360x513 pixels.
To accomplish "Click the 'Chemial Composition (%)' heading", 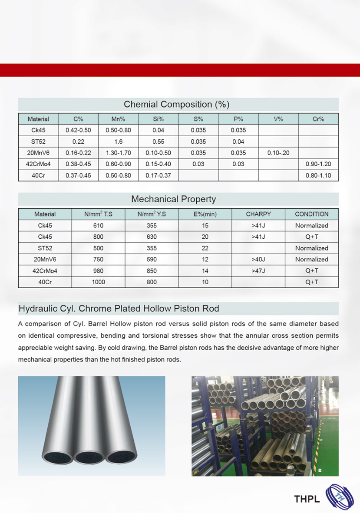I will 176,104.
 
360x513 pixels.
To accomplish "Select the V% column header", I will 278,119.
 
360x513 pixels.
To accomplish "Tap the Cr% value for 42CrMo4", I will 318,164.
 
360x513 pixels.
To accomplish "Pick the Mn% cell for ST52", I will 118,141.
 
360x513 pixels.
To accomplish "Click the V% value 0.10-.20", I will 278,153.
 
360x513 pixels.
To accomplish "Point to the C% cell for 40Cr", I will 78,175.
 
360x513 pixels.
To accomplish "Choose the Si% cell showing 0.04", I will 158,130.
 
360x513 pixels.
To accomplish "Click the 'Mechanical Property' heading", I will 173,199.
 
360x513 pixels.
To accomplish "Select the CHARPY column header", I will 258,214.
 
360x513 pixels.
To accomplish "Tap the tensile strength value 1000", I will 98,282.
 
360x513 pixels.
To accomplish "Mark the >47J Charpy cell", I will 258,270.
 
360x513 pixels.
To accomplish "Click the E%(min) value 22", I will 205,248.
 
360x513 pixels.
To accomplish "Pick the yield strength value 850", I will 152,270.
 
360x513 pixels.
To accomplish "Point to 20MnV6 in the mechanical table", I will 45,259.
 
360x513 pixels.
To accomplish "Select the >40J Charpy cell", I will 258,259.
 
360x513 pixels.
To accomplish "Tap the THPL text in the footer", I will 307,499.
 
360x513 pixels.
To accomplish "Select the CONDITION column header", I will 311,214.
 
